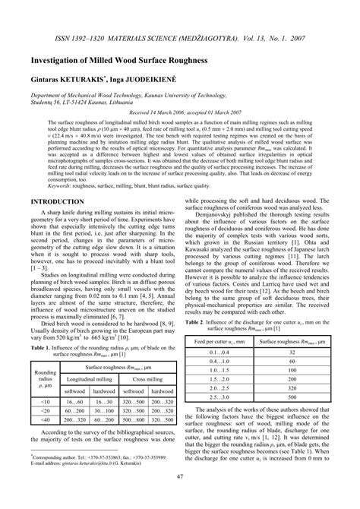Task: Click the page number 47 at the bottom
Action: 180,497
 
